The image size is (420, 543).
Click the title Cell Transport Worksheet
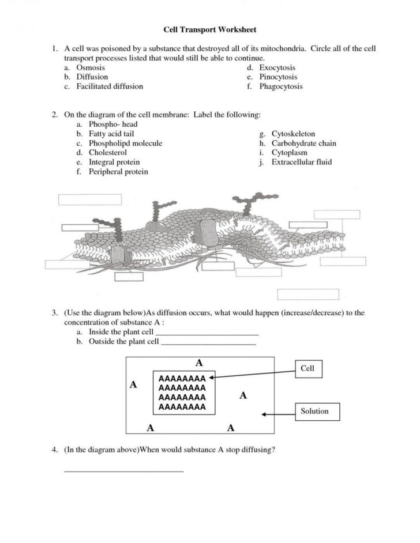click(209, 29)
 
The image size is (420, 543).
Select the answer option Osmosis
click(91, 68)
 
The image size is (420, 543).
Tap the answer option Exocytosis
click(277, 68)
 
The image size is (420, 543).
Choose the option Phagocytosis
click(280, 86)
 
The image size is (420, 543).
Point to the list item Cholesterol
click(107, 153)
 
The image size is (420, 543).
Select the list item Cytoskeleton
click(293, 134)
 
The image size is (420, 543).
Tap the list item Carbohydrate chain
click(303, 144)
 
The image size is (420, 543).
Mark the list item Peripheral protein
click(118, 171)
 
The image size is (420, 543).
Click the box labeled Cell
click(308, 368)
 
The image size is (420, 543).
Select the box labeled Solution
click(314, 412)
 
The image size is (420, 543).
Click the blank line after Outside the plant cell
click(208, 344)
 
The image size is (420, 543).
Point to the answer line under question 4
click(123, 471)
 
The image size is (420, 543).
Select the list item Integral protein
click(114, 162)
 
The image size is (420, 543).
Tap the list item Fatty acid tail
click(111, 134)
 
